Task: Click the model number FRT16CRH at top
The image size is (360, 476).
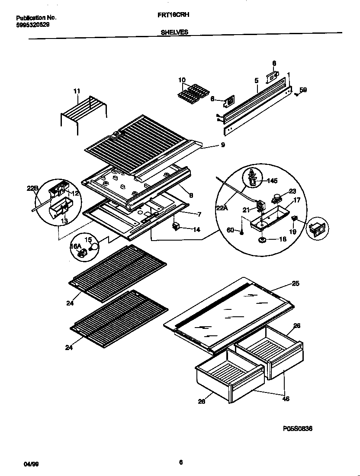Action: click(175, 14)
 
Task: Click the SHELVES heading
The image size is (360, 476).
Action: click(174, 32)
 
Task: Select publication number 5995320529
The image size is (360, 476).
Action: click(32, 25)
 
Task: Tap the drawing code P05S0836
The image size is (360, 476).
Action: click(298, 428)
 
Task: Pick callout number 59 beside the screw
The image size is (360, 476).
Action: click(303, 90)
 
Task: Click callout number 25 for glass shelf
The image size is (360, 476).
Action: click(295, 283)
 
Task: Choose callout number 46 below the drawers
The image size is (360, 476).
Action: click(285, 399)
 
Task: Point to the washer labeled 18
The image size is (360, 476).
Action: click(262, 239)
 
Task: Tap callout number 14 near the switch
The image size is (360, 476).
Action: click(196, 230)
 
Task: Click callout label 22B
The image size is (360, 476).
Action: click(32, 188)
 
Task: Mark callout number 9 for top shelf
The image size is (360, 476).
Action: click(222, 145)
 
